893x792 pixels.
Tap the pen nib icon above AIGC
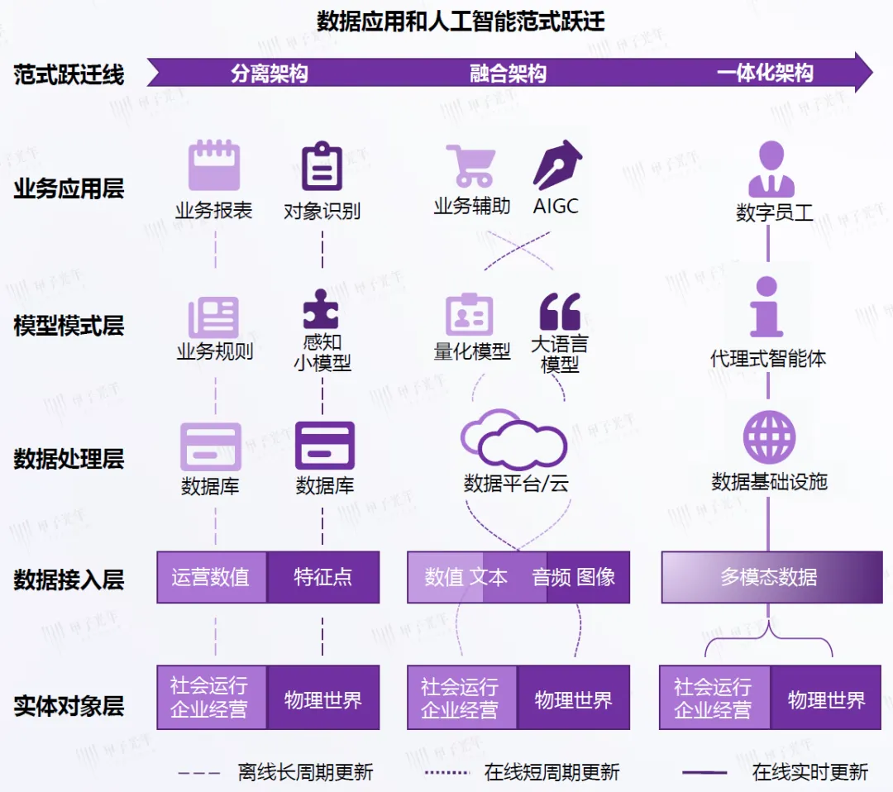tap(557, 165)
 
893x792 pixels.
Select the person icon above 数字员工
tap(771, 169)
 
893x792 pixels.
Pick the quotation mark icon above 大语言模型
tap(560, 312)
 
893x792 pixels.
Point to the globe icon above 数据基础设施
tap(769, 437)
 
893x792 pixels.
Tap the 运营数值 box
tap(212, 577)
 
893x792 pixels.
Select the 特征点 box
tap(323, 577)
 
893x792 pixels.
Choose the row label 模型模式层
tap(69, 326)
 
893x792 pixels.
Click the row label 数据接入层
tap(69, 580)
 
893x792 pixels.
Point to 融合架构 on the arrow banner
tap(508, 74)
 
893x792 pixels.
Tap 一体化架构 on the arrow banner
tap(765, 73)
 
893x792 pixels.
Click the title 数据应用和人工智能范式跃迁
tap(461, 20)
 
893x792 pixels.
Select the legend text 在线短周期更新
tap(552, 772)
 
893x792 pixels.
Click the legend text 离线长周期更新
tap(305, 772)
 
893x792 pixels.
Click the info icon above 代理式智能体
tap(766, 307)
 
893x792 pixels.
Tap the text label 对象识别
tap(322, 212)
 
